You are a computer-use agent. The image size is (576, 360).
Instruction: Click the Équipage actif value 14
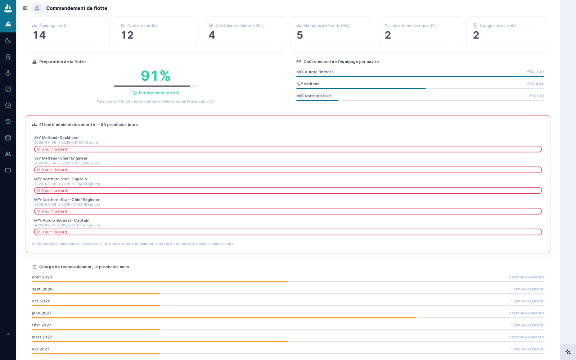tap(39, 35)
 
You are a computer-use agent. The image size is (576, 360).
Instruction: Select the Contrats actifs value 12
tap(127, 35)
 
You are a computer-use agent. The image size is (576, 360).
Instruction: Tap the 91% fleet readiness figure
tap(156, 76)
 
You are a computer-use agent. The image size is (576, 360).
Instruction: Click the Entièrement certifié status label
tap(159, 93)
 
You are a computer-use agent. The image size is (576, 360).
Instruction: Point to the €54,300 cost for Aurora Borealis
tap(535, 72)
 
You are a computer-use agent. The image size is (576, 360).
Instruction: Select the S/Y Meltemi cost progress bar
tap(420, 89)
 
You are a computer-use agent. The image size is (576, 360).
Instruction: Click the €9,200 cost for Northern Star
tap(537, 96)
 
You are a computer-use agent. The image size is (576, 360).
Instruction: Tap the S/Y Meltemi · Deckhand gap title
tap(56, 138)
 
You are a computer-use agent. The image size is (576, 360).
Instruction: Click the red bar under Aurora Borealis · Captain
tap(288, 232)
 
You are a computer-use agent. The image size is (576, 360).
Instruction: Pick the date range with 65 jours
tap(67, 225)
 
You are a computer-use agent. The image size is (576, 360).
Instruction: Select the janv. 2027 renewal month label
tap(42, 313)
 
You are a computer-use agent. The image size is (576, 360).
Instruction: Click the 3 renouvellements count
tap(526, 313)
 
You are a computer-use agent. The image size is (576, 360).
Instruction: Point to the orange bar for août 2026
tap(160, 282)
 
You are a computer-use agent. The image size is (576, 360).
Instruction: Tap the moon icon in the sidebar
tap(8, 41)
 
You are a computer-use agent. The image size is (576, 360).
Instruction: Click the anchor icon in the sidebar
tap(8, 73)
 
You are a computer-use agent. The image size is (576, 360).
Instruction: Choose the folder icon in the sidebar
tap(8, 170)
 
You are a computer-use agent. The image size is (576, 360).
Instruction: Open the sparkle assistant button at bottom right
tap(568, 352)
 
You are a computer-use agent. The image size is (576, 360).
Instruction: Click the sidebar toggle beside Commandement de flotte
tap(25, 8)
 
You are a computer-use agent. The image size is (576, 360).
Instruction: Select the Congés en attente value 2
tap(476, 35)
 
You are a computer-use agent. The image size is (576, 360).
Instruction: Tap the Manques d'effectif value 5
tap(300, 35)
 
